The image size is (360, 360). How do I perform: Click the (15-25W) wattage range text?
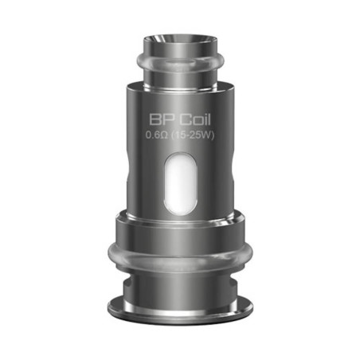pos(195,137)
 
